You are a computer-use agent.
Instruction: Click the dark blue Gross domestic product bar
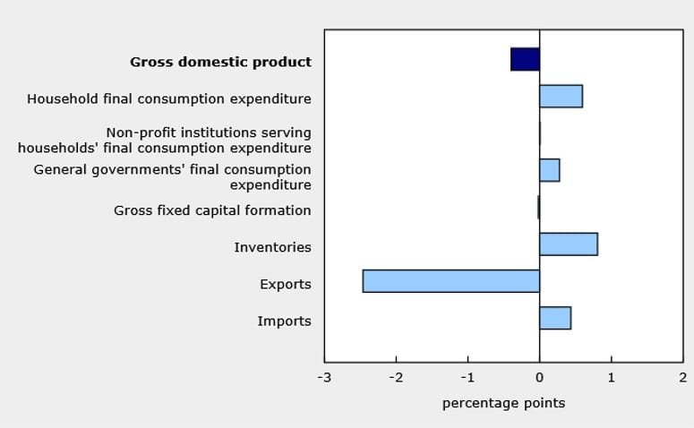click(x=525, y=59)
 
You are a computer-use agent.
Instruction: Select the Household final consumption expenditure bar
click(x=561, y=96)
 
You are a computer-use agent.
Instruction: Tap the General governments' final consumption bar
click(x=549, y=170)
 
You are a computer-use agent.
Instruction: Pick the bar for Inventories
click(x=568, y=244)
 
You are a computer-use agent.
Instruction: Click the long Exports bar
click(x=450, y=281)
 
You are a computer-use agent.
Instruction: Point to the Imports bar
click(x=554, y=318)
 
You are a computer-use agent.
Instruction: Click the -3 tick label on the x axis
click(x=323, y=378)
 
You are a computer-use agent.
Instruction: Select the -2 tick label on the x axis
click(x=395, y=378)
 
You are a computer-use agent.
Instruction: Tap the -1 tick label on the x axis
click(x=467, y=378)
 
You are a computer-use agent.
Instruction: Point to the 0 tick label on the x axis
click(x=539, y=378)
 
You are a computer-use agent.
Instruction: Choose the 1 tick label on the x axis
click(x=611, y=378)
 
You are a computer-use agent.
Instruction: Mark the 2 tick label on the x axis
click(x=682, y=378)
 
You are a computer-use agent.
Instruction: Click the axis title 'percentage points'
click(x=503, y=403)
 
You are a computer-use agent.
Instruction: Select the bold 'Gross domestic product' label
click(x=220, y=62)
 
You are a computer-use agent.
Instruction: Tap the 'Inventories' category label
click(x=272, y=247)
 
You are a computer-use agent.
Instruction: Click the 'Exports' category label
click(x=285, y=285)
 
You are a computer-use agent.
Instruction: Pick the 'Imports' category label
click(x=284, y=321)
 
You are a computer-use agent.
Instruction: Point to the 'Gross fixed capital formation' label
click(x=212, y=210)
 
